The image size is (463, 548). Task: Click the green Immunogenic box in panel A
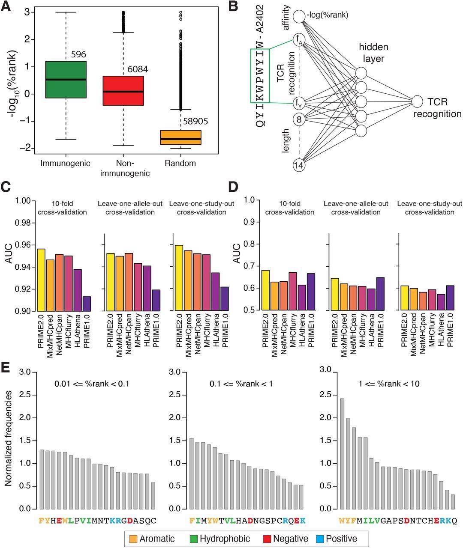[x=66, y=80]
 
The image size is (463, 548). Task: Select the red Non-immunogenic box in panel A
[x=123, y=90]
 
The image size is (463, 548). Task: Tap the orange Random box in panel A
[x=180, y=137]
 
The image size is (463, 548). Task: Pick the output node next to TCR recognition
[x=418, y=101]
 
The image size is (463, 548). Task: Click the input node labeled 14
[x=299, y=165]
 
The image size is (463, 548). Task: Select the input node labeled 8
[x=299, y=119]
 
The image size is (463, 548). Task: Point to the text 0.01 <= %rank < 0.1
[x=92, y=384]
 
